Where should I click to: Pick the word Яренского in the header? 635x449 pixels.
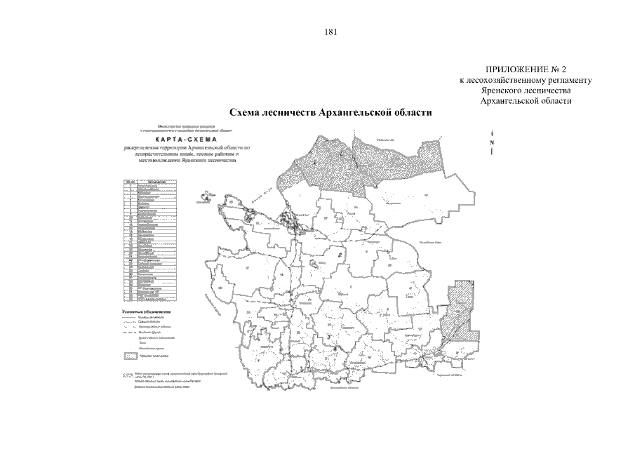500,91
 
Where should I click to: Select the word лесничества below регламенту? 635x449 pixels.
547,91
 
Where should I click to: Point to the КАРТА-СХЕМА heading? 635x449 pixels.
185,139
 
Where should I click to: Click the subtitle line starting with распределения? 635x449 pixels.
185,149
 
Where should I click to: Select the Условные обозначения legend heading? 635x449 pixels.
147,310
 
